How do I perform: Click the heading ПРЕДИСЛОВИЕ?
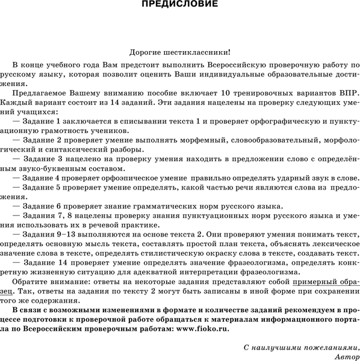pos(179,5)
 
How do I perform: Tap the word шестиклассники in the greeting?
pos(199,54)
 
